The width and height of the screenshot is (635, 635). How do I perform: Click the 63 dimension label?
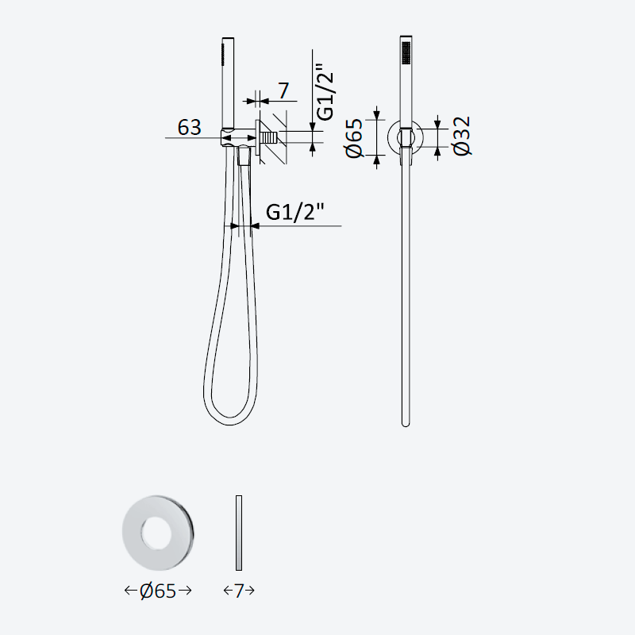tap(189, 128)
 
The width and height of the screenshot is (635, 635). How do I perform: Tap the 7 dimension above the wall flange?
tap(283, 90)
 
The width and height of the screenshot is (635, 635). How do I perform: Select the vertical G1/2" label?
tap(325, 91)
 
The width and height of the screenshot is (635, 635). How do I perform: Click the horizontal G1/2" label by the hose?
tap(295, 211)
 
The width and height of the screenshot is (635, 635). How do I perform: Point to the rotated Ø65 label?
tap(354, 137)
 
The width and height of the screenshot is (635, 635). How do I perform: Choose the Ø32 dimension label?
tap(462, 136)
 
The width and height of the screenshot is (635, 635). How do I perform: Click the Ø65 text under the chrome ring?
tap(157, 591)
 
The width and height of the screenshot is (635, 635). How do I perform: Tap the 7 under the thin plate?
tap(239, 591)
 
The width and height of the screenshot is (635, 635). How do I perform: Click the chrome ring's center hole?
tap(155, 533)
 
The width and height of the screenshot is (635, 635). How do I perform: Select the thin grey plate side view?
tap(239, 533)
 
